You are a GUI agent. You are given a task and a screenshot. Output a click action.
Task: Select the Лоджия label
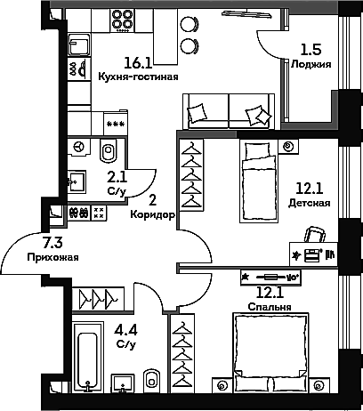pyautogui.click(x=311, y=65)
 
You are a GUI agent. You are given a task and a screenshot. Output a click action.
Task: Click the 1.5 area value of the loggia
pyautogui.click(x=310, y=50)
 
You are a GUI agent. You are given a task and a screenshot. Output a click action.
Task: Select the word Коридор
pyautogui.click(x=150, y=214)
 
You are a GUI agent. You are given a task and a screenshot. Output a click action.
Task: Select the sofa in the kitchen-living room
pyautogui.click(x=227, y=111)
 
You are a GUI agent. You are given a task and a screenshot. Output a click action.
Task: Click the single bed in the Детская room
pyautogui.click(x=259, y=180)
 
